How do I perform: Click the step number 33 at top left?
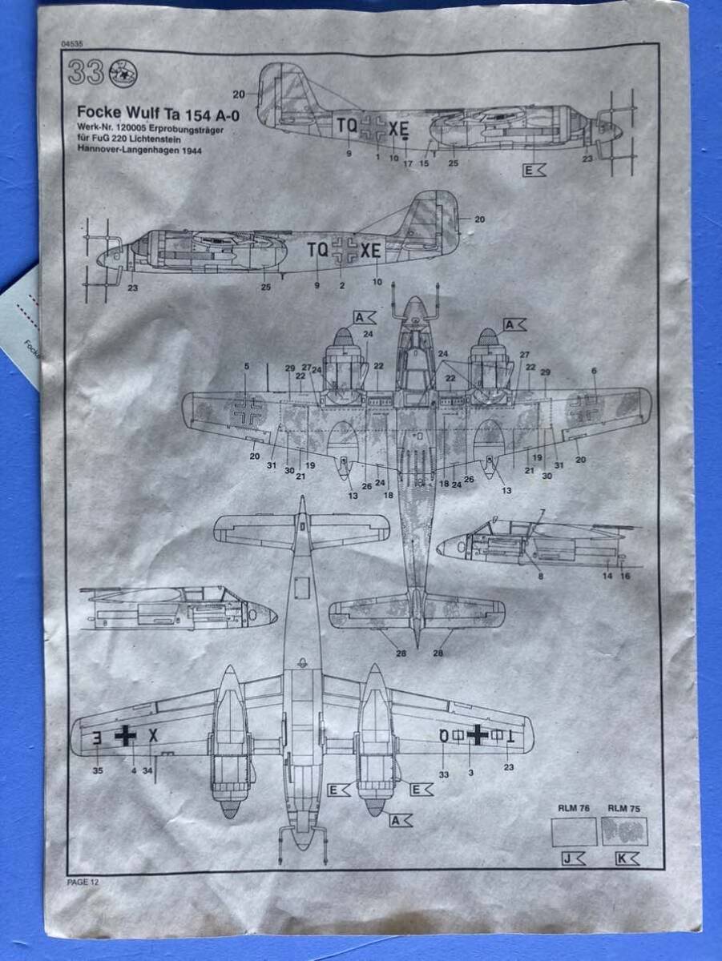(85, 73)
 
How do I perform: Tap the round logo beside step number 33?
(123, 73)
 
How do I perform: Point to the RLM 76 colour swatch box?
(574, 831)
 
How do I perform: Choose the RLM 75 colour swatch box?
(624, 831)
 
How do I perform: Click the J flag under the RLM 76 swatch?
(574, 858)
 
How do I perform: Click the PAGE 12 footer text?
(83, 882)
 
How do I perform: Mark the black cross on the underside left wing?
(125, 735)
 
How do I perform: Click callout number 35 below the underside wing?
(97, 771)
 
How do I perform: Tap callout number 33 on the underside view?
(444, 774)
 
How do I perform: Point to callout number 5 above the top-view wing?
(247, 367)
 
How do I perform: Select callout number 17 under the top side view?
(408, 164)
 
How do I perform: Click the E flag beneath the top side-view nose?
(534, 170)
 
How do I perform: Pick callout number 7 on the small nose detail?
(543, 513)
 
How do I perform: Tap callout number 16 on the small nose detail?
(626, 576)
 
